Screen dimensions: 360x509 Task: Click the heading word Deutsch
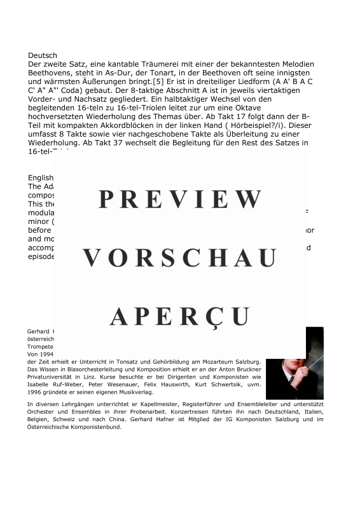point(43,56)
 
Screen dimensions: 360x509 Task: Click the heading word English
point(41,178)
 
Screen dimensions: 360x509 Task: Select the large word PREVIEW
point(180,199)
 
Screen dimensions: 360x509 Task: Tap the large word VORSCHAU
point(180,258)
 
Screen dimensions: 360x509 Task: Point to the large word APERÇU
point(180,316)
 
